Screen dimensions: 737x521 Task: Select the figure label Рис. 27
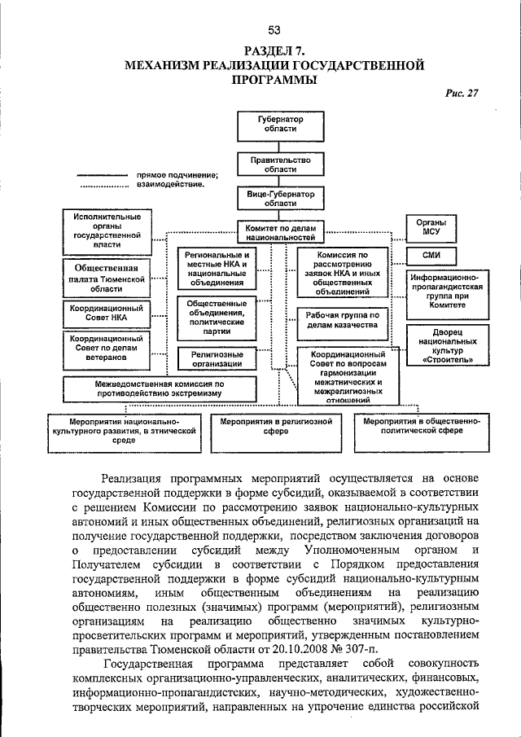click(x=462, y=92)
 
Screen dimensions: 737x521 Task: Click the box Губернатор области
click(x=280, y=124)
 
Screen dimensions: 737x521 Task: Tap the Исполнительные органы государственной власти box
click(x=107, y=230)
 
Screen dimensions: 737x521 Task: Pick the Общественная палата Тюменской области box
click(x=107, y=278)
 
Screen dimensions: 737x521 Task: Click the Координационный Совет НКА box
click(x=107, y=314)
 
